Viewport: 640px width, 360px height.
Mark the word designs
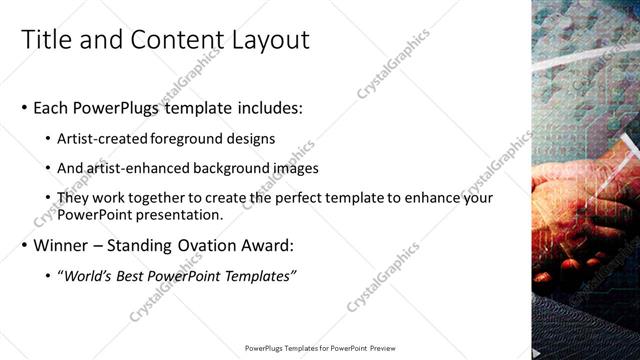click(x=252, y=138)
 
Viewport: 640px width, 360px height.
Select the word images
click(x=289, y=168)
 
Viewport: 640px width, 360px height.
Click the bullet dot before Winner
click(x=24, y=245)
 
